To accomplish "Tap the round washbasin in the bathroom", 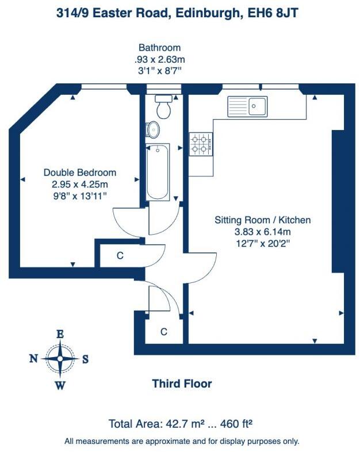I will point(154,129).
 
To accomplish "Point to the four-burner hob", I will point(201,144).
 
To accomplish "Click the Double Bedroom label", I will point(80,173).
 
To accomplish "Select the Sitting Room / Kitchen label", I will point(262,220).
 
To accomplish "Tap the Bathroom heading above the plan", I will point(159,48).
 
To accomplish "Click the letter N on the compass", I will point(33,359).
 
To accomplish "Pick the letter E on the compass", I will point(59,333).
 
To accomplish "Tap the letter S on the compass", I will point(85,359).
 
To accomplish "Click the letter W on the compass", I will point(59,385).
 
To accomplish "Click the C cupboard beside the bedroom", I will point(120,256).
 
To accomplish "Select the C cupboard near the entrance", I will point(163,332).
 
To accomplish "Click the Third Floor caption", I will point(182,384).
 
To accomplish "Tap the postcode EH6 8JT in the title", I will point(280,13).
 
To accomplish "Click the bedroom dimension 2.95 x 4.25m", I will point(80,185).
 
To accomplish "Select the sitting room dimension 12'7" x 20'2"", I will point(262,244).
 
